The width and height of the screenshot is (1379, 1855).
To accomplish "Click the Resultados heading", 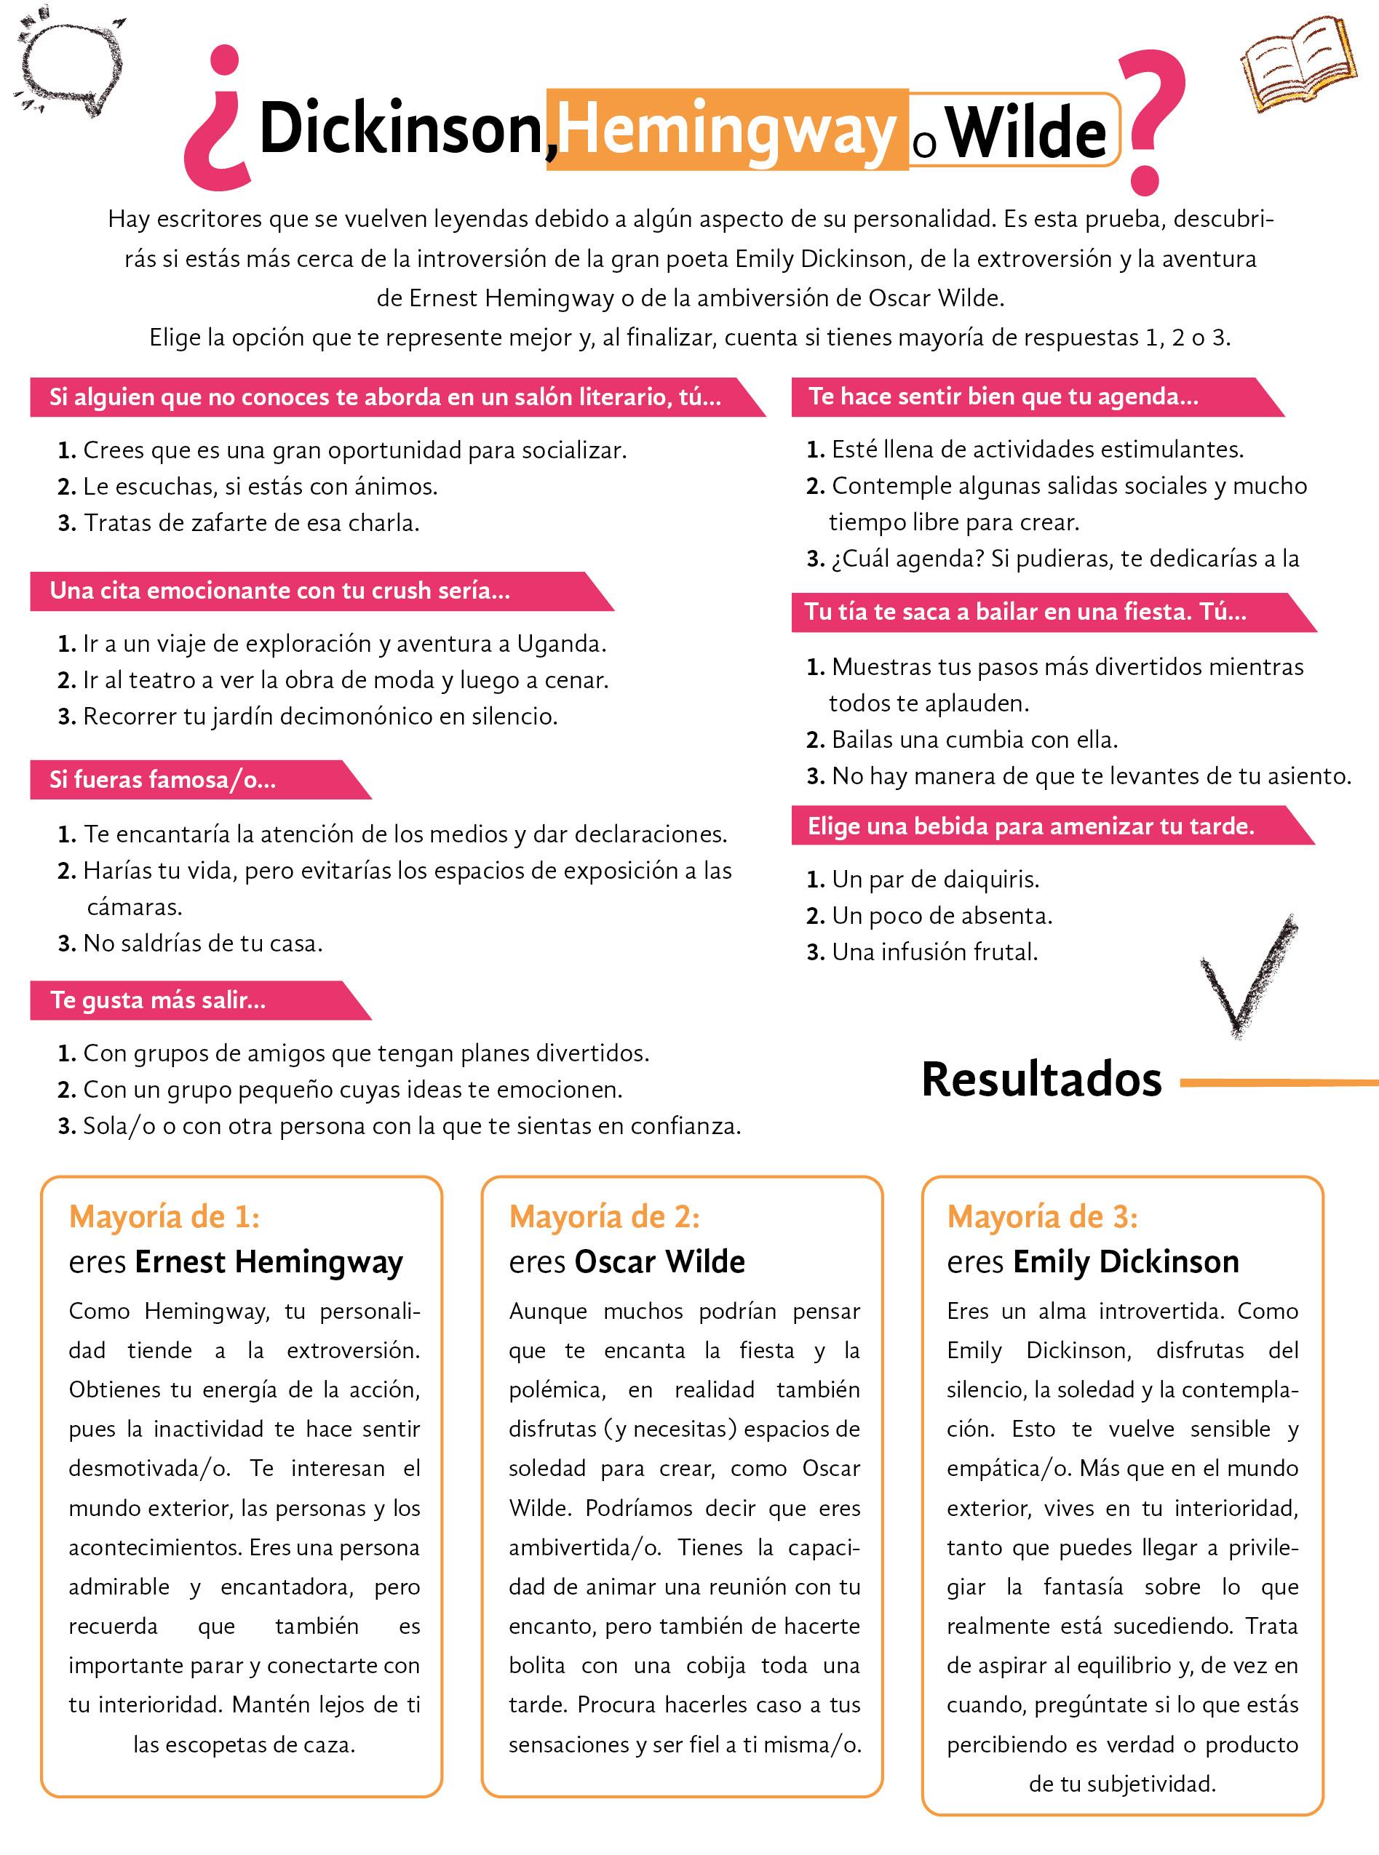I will pyautogui.click(x=1041, y=1080).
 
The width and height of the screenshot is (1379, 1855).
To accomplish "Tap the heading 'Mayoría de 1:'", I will pyautogui.click(x=164, y=1216).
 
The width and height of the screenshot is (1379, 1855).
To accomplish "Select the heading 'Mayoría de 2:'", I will pyautogui.click(x=604, y=1216).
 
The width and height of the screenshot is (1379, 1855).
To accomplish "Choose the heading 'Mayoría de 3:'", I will pyautogui.click(x=1042, y=1216).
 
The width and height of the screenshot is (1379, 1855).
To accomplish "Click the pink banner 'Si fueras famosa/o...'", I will pyautogui.click(x=163, y=779).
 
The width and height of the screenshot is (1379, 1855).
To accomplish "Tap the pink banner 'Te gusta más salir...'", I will pyautogui.click(x=159, y=1000).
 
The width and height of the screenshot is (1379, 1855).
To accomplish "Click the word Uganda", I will pyautogui.click(x=560, y=643).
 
